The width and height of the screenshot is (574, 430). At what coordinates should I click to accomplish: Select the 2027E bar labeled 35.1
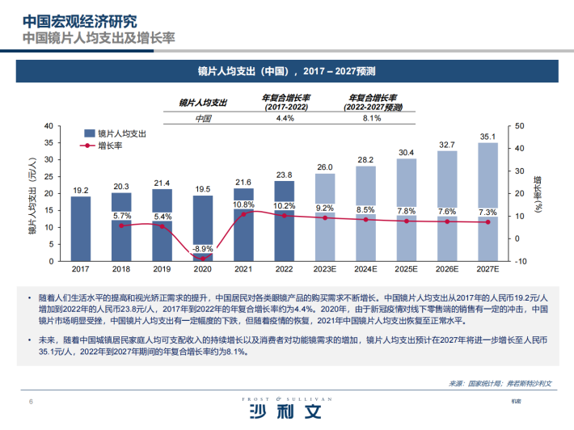487,202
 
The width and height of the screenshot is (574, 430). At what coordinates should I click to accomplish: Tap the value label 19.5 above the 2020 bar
203,189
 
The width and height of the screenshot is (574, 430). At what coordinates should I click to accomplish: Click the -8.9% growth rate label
203,248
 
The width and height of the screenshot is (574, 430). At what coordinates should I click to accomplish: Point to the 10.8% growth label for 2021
243,204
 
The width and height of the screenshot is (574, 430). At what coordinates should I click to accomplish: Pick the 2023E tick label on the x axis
325,268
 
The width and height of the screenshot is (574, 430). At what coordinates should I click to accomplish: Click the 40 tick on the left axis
48,125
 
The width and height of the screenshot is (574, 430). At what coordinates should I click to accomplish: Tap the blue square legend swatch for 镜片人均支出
89,133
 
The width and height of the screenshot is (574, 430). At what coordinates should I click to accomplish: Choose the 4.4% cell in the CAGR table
285,118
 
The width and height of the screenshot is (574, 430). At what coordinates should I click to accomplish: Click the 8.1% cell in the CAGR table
372,118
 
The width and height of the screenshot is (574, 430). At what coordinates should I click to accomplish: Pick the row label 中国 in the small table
203,118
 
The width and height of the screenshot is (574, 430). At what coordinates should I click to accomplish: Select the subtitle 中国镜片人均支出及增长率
98,38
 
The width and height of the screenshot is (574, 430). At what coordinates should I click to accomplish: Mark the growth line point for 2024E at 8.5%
365,219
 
